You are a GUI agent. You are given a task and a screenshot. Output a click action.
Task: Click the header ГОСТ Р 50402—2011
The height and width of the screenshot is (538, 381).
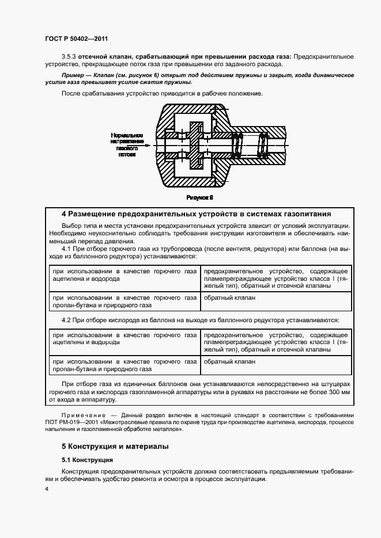[x=76, y=39]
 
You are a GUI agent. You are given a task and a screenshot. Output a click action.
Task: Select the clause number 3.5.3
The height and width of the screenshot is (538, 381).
[x=69, y=56]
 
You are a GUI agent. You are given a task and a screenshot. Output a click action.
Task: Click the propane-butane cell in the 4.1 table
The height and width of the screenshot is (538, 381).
[x=124, y=302]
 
